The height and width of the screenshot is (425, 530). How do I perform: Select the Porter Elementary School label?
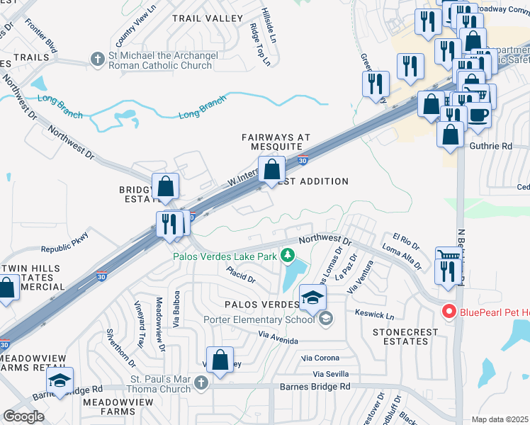click(259, 319)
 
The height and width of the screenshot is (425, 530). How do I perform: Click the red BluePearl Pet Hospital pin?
click(448, 311)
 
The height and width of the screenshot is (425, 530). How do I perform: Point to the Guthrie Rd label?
click(490, 147)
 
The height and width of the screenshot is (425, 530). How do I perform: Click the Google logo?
click(23, 416)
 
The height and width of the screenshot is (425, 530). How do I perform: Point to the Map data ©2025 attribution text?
click(500, 419)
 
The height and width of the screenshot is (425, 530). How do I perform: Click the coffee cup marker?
click(478, 114)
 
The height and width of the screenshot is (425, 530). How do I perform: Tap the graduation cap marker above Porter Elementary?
click(311, 297)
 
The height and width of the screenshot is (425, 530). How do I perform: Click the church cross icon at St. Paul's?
click(201, 383)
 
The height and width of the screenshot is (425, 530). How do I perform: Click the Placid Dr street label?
click(241, 275)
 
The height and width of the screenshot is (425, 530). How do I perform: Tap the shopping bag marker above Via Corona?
click(220, 359)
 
